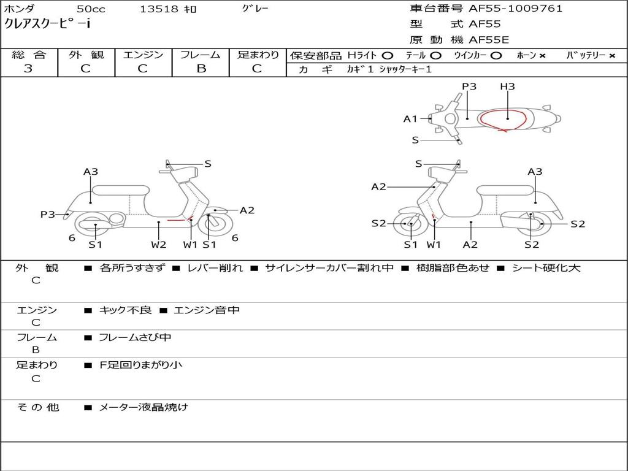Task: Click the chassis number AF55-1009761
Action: [x=515, y=9]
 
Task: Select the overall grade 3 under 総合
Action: [x=28, y=69]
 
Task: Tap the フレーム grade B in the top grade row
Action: [x=201, y=69]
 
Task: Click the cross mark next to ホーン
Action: [x=542, y=56]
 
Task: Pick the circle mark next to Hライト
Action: [x=388, y=56]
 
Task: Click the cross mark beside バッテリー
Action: [x=612, y=56]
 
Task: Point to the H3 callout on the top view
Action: [x=507, y=86]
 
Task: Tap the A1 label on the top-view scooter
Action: [x=410, y=119]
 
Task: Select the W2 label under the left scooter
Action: [x=158, y=244]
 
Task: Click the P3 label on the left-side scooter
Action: [x=48, y=215]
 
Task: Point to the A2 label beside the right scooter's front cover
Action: [x=378, y=186]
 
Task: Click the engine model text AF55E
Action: [x=489, y=40]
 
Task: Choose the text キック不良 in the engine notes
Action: [x=125, y=310]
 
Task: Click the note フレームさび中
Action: [x=135, y=338]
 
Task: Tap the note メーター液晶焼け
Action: [x=144, y=407]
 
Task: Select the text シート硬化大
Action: [x=546, y=268]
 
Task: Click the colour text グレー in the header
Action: [x=255, y=9]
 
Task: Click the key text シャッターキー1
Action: [x=405, y=69]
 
